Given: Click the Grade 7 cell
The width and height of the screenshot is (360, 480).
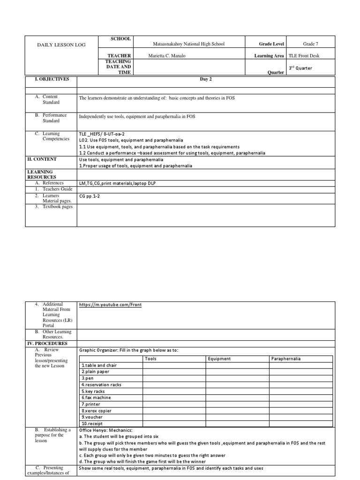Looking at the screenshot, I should (310, 44).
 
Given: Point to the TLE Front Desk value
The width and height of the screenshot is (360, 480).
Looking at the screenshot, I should (310, 56).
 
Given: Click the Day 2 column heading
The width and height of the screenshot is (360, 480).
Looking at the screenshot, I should (206, 79).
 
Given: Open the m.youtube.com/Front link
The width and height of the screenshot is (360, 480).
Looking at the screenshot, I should (111, 305).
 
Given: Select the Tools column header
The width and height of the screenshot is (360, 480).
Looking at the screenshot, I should (151, 359).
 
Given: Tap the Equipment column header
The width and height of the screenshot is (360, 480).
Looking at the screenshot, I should (219, 359).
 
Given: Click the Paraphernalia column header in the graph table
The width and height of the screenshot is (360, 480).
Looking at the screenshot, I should (285, 359).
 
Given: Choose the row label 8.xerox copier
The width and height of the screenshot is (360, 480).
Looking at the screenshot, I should (96, 411).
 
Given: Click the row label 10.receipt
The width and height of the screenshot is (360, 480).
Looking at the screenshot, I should (92, 424).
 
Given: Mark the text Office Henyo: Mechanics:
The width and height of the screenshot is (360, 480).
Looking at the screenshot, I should (105, 430).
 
